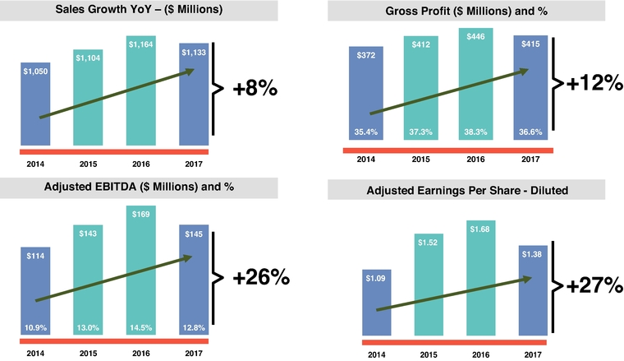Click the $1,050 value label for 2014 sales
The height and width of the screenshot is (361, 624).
[35, 71]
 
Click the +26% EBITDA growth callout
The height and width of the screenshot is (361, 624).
[261, 277]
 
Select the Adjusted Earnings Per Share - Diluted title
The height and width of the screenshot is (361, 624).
[469, 192]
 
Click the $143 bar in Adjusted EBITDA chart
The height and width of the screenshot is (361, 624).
[89, 280]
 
